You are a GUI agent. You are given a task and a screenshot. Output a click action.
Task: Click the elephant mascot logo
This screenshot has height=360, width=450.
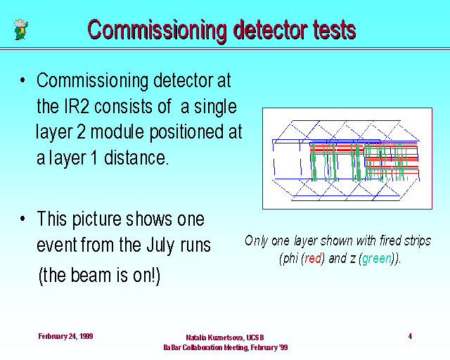pos(21,30)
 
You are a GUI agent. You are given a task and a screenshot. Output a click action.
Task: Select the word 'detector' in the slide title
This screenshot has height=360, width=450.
pos(270,30)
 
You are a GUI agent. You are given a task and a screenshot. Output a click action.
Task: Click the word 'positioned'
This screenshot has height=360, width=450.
pos(186,133)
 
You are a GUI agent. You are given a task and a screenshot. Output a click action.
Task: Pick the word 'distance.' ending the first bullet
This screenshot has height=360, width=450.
pos(135,157)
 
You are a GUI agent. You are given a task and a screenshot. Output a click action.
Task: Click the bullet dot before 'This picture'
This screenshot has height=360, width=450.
pos(22,219)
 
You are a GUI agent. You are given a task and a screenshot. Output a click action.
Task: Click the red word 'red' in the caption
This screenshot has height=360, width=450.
pos(313,258)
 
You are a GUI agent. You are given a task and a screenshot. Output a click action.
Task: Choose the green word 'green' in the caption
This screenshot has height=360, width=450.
pos(377,259)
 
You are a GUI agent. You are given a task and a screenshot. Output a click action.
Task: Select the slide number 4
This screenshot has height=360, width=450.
pos(410,336)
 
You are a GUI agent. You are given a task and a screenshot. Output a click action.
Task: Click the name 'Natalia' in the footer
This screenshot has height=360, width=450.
pos(196,337)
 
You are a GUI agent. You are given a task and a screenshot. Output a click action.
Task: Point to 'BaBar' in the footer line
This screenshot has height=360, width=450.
pos(172,347)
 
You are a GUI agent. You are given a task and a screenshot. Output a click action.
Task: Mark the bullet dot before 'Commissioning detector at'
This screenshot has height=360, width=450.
pos(22,80)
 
